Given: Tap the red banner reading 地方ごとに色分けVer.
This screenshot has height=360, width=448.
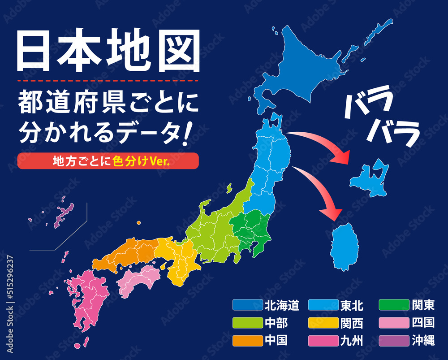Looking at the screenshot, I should (108, 161).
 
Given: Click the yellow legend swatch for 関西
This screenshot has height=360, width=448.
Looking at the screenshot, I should (323, 323).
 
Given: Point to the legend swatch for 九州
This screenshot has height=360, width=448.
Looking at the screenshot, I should (323, 341).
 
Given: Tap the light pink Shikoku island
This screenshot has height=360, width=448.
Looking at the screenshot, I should (139, 278).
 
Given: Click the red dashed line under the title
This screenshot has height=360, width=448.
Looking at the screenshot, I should (108, 81).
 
